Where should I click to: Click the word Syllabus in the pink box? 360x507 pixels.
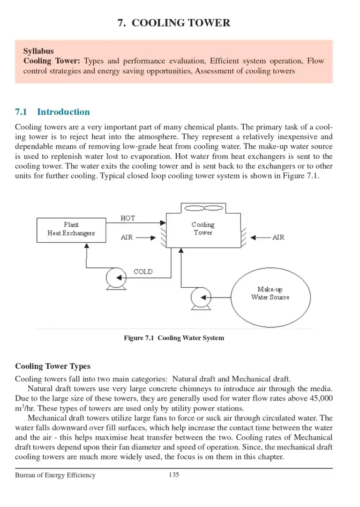[38, 51]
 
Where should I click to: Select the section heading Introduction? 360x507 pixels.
[63, 112]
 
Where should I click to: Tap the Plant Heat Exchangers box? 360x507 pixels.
[71, 229]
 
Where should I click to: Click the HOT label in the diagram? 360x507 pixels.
[127, 218]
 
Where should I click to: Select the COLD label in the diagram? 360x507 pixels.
[143, 272]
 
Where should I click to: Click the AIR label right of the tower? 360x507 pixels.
[278, 238]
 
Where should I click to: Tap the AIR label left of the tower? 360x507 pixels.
[127, 238]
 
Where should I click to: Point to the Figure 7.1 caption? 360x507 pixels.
[174, 338]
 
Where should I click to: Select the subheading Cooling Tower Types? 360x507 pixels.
[52, 366]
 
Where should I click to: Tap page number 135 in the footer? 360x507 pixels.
[174, 475]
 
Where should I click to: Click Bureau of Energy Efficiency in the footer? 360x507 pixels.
[55, 475]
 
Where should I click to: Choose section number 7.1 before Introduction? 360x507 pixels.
[22, 112]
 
